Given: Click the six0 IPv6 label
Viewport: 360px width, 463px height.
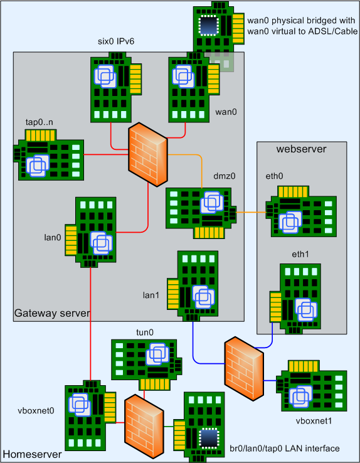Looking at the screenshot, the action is pyautogui.click(x=116, y=41).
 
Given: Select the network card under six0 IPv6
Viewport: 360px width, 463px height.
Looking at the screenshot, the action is pyautogui.click(x=116, y=87).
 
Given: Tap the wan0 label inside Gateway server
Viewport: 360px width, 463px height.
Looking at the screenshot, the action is pyautogui.click(x=226, y=112).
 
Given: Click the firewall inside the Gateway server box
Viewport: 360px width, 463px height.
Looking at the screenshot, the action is pyautogui.click(x=148, y=154).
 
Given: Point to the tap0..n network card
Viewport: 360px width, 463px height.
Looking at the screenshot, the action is pyautogui.click(x=49, y=155).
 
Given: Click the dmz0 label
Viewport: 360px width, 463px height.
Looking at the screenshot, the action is pyautogui.click(x=225, y=176).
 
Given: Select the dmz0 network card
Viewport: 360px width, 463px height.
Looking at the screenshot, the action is pyautogui.click(x=201, y=213).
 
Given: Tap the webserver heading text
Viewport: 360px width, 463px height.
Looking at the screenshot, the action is pyautogui.click(x=301, y=149).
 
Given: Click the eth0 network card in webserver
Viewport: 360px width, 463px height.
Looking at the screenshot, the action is pyautogui.click(x=301, y=211).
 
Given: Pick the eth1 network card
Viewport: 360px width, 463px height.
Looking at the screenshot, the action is pyautogui.click(x=295, y=299).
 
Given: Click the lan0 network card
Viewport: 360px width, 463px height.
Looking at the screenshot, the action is pyautogui.click(x=90, y=232).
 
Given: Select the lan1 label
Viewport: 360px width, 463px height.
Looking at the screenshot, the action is pyautogui.click(x=151, y=295).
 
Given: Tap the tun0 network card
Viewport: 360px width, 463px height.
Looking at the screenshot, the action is pyautogui.click(x=146, y=365).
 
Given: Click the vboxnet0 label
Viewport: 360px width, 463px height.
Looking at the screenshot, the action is pyautogui.click(x=36, y=410).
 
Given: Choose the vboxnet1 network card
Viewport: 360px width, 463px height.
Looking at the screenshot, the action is pyautogui.click(x=312, y=386).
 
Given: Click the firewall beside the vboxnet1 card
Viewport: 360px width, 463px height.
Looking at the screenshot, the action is pyautogui.click(x=244, y=369).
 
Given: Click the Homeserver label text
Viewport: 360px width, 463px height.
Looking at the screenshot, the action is pyautogui.click(x=32, y=454).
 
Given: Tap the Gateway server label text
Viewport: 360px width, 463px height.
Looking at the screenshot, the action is pyautogui.click(x=52, y=313).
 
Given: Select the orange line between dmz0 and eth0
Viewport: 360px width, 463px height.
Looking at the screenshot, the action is pyautogui.click(x=251, y=212).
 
